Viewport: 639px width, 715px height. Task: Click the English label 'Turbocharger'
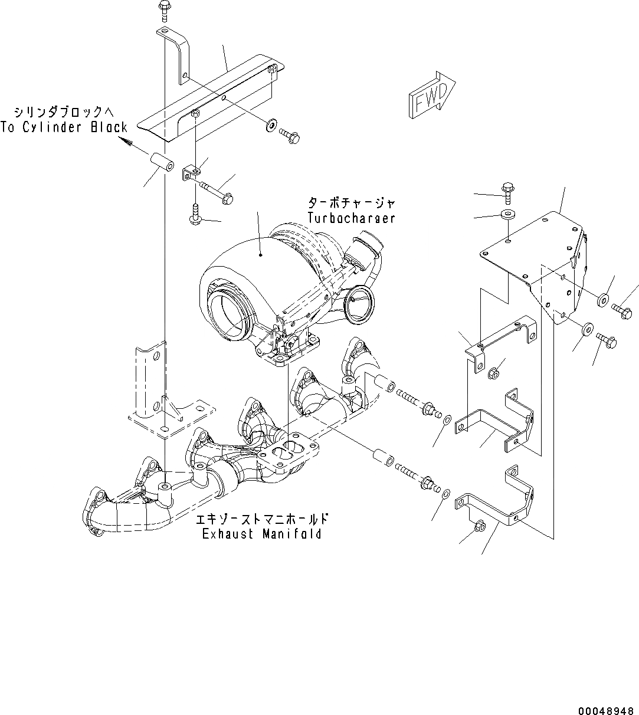coord(351,218)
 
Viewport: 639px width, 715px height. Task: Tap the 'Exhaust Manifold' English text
coord(262,534)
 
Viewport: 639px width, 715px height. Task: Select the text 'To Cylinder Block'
coord(64,127)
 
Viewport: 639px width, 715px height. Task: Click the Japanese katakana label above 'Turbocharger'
coord(351,204)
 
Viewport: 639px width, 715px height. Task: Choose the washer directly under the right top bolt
coord(507,213)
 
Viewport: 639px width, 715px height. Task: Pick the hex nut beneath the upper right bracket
coord(495,372)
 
